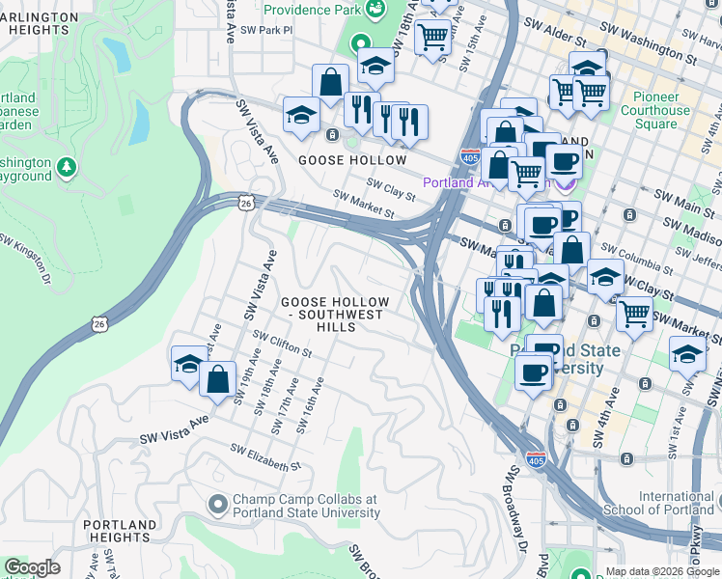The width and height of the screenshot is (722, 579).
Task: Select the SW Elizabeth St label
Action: click(265, 457)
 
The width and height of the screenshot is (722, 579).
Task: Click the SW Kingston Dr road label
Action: click(24, 256)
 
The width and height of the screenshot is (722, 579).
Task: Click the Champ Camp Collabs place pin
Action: click(218, 504)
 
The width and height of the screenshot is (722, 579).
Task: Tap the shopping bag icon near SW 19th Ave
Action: click(217, 378)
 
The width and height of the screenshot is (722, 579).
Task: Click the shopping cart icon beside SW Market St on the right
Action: click(634, 313)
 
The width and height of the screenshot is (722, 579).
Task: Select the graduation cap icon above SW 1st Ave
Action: click(687, 354)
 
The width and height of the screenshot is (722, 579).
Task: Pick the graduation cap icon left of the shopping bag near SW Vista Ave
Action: click(187, 363)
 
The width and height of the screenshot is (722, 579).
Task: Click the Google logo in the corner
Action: click(32, 568)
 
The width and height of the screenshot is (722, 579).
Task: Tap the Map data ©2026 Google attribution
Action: click(661, 571)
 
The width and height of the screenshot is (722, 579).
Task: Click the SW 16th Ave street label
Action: click(309, 406)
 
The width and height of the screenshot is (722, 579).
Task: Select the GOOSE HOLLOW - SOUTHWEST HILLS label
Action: click(335, 315)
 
